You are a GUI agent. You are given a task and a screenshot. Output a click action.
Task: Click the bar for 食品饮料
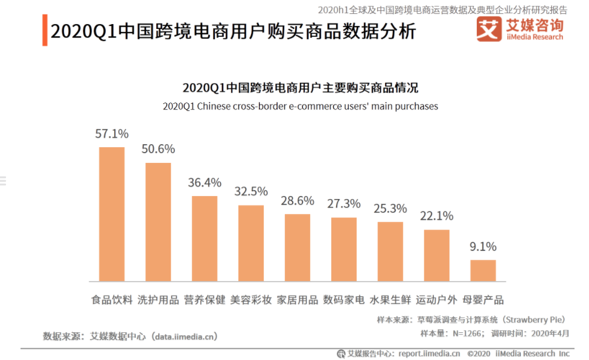(x=112, y=214)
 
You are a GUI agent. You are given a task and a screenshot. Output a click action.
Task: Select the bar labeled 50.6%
(x=158, y=222)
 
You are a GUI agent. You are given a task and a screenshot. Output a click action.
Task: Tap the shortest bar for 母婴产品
(x=483, y=270)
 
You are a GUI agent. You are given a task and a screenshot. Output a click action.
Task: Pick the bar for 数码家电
(x=344, y=249)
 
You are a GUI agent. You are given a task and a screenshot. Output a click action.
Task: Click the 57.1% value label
(x=112, y=134)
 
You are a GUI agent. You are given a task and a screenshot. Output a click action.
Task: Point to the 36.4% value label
(x=205, y=183)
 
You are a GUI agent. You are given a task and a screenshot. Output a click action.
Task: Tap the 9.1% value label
(x=483, y=247)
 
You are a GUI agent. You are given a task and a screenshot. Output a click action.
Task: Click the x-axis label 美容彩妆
(x=251, y=300)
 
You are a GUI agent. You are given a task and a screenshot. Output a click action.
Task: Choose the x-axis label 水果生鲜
(x=390, y=300)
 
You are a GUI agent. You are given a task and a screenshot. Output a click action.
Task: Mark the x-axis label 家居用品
(x=298, y=300)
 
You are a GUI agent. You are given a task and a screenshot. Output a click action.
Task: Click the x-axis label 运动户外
(x=436, y=300)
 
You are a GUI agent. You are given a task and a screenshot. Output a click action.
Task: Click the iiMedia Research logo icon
(x=488, y=28)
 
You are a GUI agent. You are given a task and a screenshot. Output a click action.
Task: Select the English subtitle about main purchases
(x=300, y=106)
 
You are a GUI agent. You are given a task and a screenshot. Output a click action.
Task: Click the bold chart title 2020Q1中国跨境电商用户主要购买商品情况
(x=300, y=88)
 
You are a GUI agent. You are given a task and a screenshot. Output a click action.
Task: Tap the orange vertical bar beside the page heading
(x=45, y=30)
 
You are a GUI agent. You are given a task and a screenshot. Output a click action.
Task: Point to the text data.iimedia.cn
(x=184, y=336)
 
